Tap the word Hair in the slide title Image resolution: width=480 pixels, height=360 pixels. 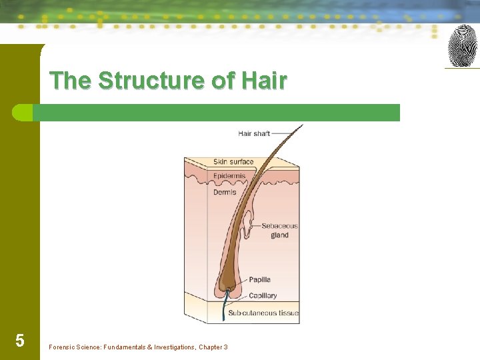[265, 81]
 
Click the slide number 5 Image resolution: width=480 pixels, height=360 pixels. [20, 341]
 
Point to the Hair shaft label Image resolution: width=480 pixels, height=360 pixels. [253, 133]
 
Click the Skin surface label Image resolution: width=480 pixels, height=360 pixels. [233, 161]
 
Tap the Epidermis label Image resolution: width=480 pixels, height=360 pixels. [229, 176]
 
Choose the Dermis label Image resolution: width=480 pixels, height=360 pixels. [225, 193]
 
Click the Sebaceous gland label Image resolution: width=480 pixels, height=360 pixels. [279, 230]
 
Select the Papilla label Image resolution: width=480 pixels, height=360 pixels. [259, 279]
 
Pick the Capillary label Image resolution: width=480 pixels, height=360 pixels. [263, 295]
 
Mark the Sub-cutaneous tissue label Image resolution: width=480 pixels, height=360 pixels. [263, 313]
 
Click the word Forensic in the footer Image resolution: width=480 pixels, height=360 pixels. [65, 347]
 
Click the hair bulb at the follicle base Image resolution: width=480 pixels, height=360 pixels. [225, 287]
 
